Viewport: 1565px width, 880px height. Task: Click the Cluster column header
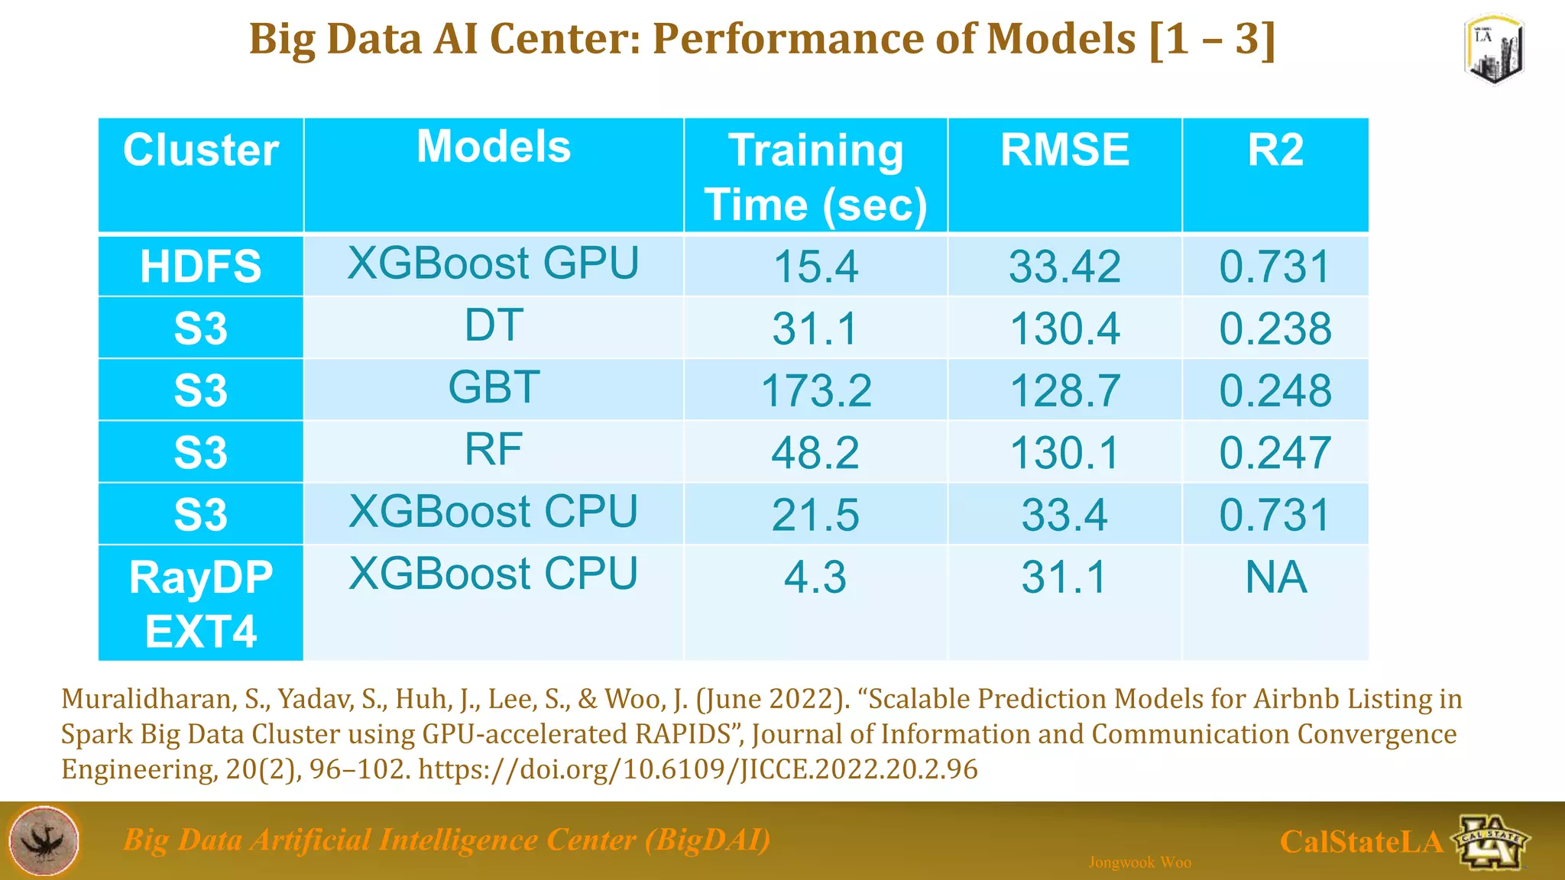point(201,150)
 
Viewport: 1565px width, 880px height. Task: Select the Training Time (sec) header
point(815,177)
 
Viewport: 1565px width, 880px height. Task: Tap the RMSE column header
point(1064,150)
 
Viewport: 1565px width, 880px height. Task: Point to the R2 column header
point(1275,150)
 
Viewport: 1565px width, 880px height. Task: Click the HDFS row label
point(201,267)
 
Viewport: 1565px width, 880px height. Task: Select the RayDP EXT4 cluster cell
point(201,603)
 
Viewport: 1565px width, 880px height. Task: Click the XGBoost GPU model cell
point(494,264)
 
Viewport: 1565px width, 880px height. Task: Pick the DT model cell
point(494,325)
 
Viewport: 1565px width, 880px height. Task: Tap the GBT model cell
point(494,387)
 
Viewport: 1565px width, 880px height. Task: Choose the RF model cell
point(494,449)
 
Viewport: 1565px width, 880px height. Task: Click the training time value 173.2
point(815,390)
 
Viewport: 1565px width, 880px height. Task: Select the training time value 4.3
point(815,577)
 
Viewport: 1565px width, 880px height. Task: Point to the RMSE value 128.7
point(1064,390)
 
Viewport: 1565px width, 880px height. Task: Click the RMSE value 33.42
point(1064,267)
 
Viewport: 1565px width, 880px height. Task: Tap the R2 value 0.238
point(1275,328)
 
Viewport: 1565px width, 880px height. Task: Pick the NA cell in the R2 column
point(1275,577)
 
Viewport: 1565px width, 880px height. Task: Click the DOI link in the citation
point(698,768)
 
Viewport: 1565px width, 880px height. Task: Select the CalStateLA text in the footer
point(1361,842)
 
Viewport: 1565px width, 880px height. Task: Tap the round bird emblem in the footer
point(44,840)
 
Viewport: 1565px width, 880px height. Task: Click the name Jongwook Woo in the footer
point(1139,862)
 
